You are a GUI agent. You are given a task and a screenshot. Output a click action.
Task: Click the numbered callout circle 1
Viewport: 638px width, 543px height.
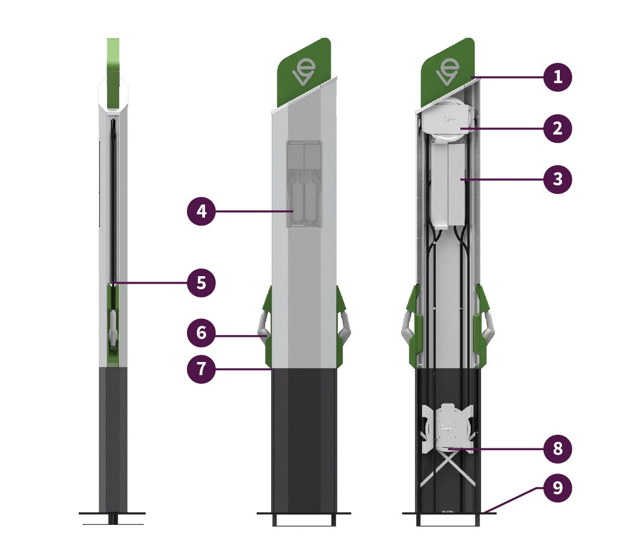558,77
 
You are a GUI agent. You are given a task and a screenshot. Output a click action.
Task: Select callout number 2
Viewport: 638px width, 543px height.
558,129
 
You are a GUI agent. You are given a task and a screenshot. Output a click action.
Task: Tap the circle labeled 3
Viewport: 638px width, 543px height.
558,179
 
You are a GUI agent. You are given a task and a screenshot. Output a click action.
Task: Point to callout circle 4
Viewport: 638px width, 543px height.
201,211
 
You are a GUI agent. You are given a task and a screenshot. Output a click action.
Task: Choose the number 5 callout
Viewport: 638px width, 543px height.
201,283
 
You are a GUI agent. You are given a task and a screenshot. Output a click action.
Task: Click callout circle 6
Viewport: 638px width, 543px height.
201,332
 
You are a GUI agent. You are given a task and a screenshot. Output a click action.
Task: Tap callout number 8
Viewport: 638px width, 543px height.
558,449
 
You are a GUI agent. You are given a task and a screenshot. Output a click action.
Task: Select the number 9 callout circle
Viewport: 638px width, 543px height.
558,488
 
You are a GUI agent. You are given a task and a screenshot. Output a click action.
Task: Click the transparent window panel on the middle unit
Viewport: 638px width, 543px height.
304,183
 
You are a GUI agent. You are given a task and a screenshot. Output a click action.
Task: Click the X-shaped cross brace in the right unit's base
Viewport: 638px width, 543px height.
448,468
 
